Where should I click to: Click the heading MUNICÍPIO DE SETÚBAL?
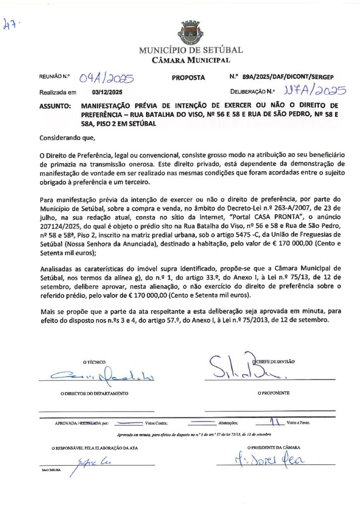[x=191, y=50]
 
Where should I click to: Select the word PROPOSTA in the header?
[x=188, y=78]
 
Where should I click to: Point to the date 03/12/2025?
[x=107, y=92]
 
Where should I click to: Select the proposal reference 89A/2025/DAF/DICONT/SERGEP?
[x=288, y=77]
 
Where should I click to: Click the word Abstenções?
[x=231, y=423]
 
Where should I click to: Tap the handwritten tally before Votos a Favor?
[x=272, y=422]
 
